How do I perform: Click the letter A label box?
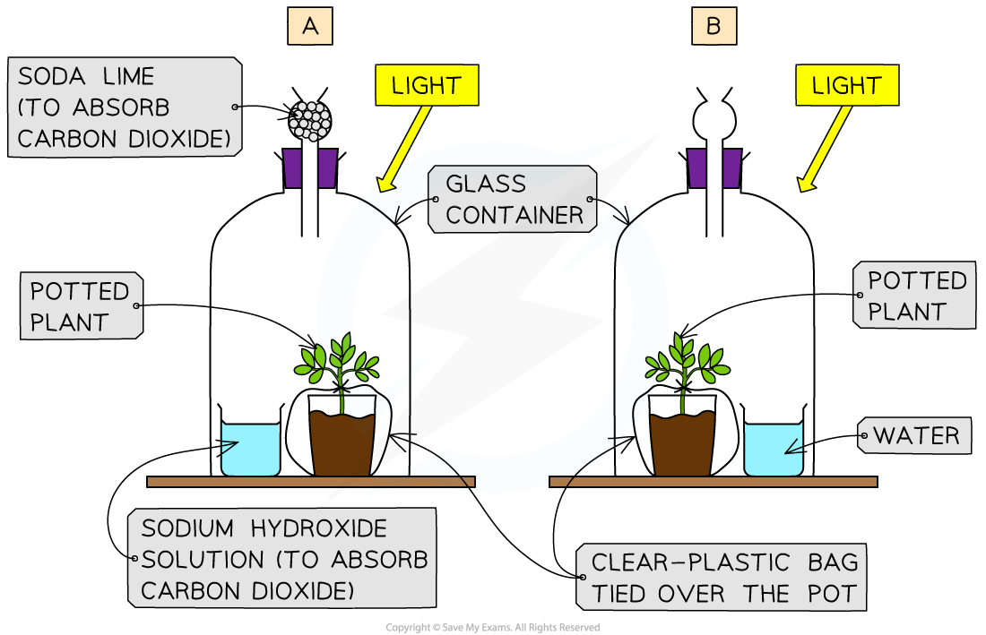310,27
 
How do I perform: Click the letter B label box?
714,27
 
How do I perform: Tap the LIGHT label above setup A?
427,86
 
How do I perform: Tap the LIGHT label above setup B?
846,86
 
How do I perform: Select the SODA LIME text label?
124,107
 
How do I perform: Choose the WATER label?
915,436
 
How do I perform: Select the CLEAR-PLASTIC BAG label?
723,578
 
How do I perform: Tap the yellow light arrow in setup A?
403,148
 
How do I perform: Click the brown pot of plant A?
342,445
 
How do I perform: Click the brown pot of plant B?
683,445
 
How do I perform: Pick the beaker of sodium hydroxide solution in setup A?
250,449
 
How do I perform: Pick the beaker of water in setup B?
774,449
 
